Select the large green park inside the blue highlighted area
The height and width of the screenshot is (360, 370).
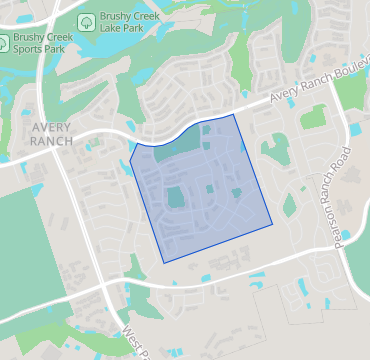point(176,196)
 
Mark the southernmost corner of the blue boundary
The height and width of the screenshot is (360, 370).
point(163,263)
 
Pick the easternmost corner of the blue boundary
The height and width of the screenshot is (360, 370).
point(274,221)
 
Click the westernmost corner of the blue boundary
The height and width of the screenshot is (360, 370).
point(130,159)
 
